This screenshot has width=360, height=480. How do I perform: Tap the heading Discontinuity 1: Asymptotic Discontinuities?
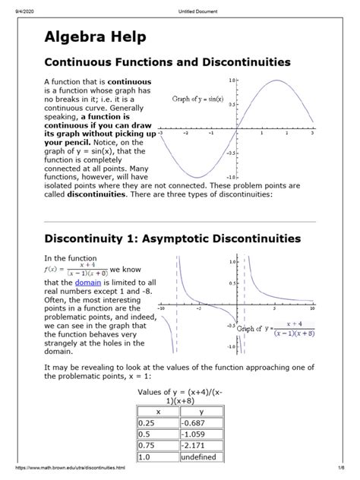click(x=173, y=238)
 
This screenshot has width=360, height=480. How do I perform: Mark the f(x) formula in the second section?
click(x=77, y=271)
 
